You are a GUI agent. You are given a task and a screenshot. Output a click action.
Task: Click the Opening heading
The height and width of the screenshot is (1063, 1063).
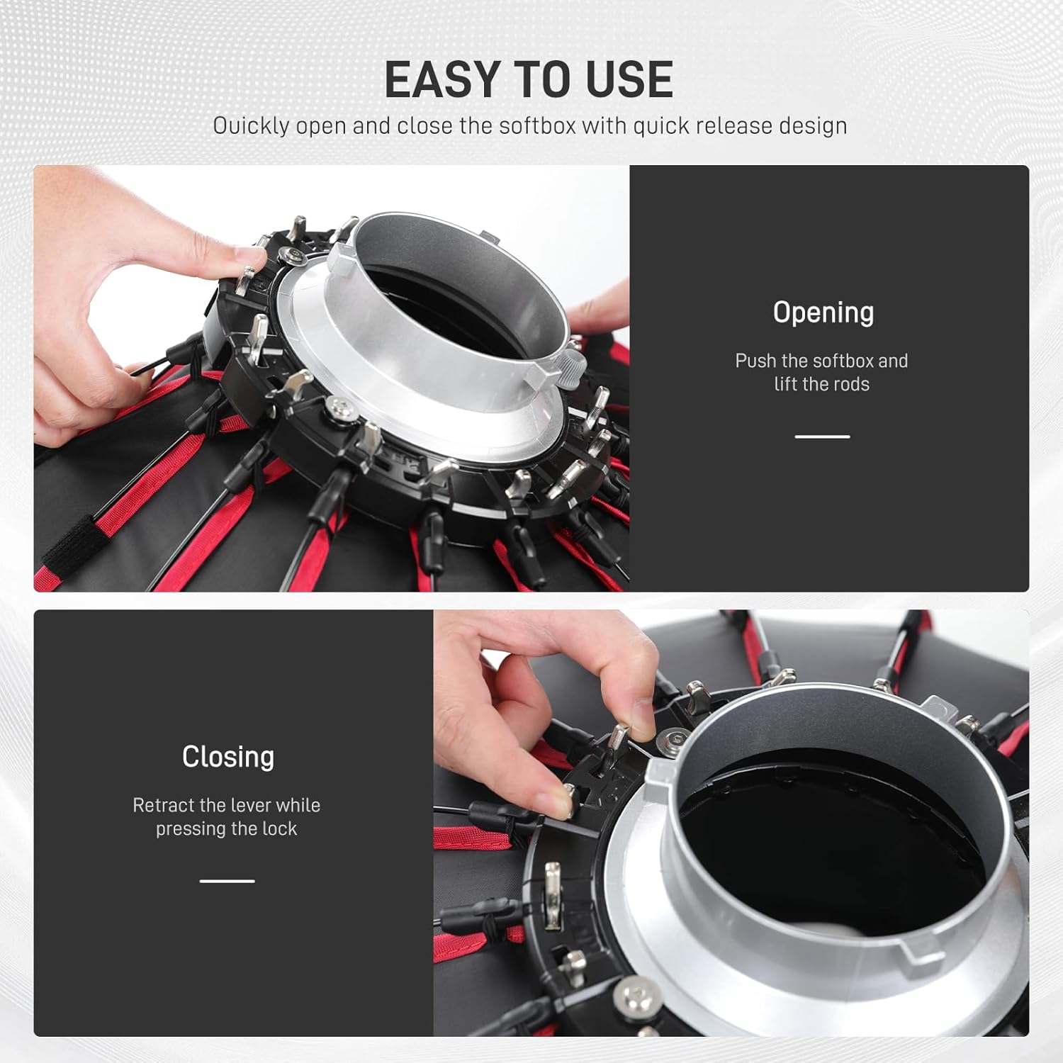coord(823,313)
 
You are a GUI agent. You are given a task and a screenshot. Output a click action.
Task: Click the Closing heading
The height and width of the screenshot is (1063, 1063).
coord(227,757)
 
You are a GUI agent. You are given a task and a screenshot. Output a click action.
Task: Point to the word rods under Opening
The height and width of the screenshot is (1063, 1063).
coord(850,384)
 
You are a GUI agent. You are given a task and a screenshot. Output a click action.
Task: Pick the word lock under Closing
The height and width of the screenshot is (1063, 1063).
coord(279,828)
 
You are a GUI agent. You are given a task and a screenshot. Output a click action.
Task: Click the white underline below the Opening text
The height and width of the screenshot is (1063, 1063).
coord(822,437)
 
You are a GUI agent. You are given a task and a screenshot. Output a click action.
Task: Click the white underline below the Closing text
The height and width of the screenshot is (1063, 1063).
coord(227,881)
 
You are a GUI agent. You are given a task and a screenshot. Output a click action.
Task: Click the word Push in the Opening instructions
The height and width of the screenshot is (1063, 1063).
coord(755,361)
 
